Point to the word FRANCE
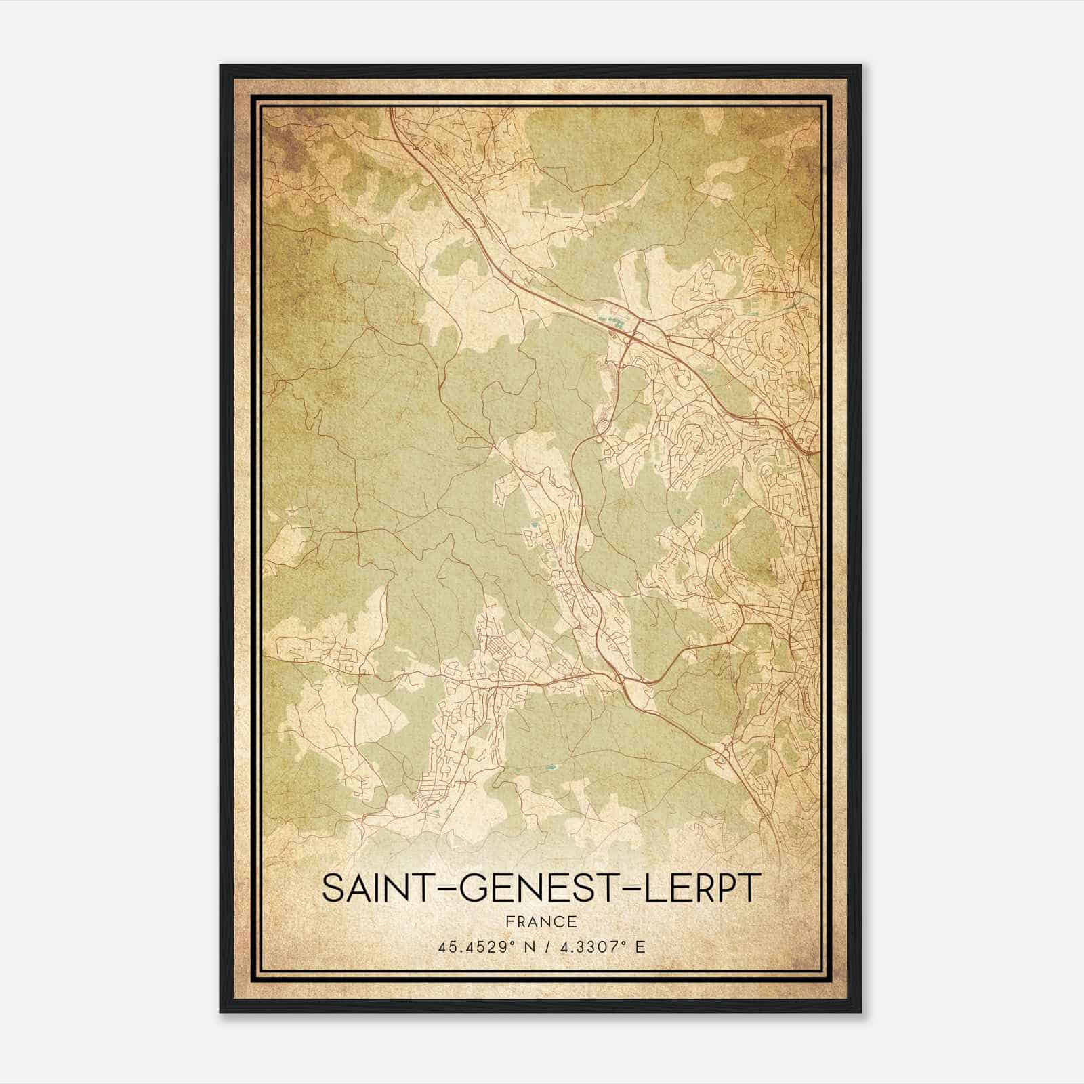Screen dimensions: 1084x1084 [x=541, y=921]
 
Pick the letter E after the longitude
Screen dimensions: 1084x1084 [x=640, y=946]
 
